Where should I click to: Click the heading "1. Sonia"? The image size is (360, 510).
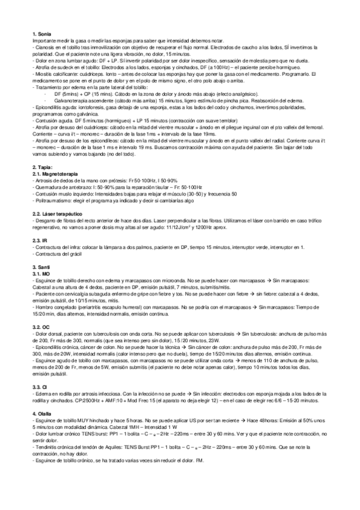point(42,34)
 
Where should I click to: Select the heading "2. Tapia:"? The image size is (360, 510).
point(43,166)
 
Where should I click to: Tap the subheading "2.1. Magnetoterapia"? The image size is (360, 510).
point(57,172)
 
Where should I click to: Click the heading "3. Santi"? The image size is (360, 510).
point(42,266)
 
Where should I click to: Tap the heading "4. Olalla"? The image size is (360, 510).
point(43,396)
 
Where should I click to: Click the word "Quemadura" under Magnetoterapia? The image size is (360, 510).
point(47,186)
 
